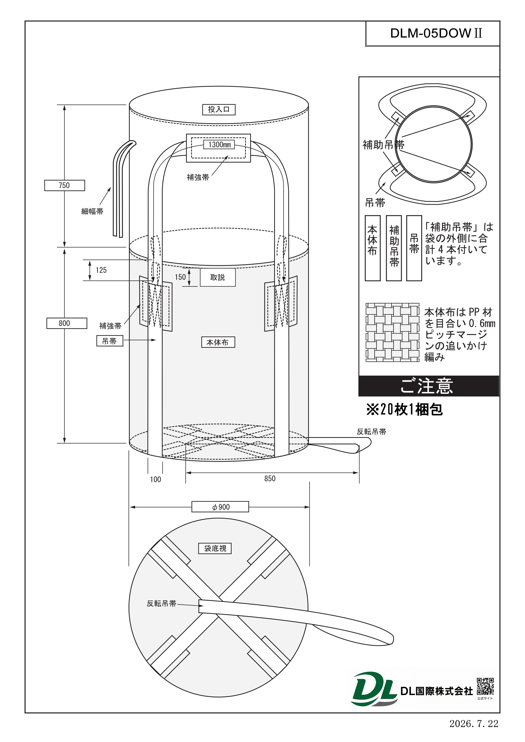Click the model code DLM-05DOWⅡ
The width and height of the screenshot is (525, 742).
(436, 33)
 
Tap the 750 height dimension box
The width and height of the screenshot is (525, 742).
(65, 185)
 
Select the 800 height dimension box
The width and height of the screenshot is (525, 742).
(67, 323)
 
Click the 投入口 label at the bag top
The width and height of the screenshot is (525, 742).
(219, 110)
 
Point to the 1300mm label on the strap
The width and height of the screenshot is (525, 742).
(219, 144)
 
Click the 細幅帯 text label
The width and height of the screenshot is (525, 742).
(92, 211)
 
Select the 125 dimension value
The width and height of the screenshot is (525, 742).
(101, 270)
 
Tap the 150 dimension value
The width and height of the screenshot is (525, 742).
(180, 277)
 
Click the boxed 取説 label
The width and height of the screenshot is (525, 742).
(218, 277)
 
